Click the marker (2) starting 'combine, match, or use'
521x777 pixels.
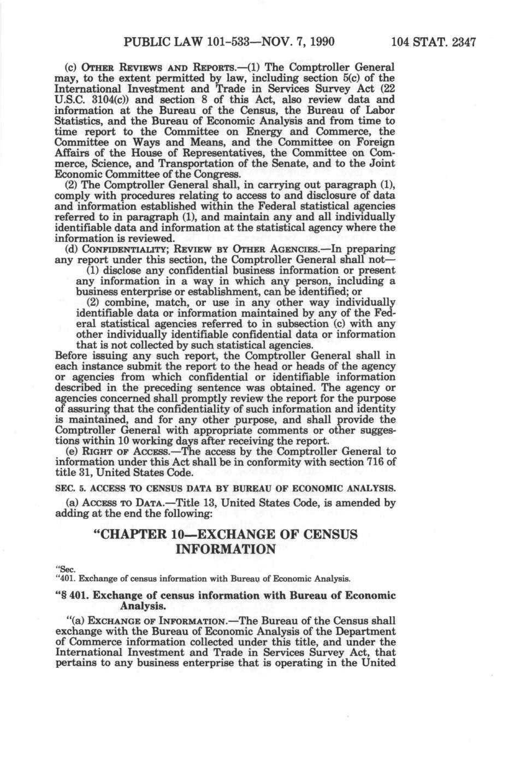tap(95, 302)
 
